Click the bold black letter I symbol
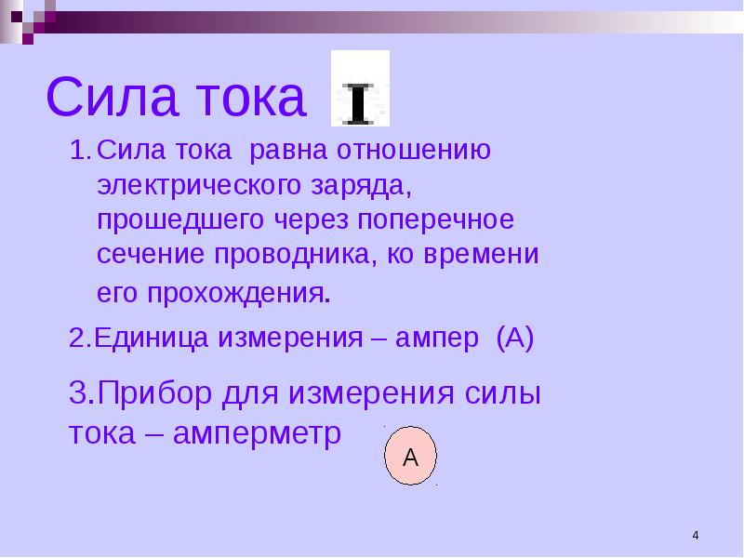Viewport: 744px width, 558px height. pos(360,104)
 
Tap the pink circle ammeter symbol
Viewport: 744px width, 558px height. pos(410,456)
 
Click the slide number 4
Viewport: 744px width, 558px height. pos(696,536)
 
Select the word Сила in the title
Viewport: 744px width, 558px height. pos(113,97)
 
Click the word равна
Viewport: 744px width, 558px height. pos(288,152)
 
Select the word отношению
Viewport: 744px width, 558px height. pos(414,151)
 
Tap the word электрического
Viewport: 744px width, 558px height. pos(199,186)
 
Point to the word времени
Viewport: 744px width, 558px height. pos(481,254)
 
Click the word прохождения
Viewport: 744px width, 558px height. pos(239,294)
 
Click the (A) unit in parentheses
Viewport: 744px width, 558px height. pos(515,339)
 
